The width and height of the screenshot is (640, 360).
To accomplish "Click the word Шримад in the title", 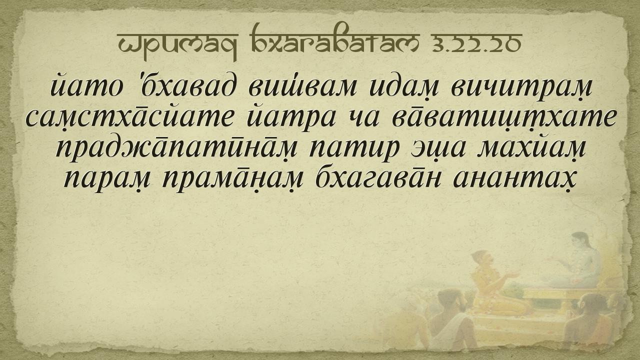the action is click(177, 45).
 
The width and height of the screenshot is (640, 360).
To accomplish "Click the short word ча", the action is click(363, 119).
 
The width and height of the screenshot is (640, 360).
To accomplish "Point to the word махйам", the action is click(532, 148).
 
